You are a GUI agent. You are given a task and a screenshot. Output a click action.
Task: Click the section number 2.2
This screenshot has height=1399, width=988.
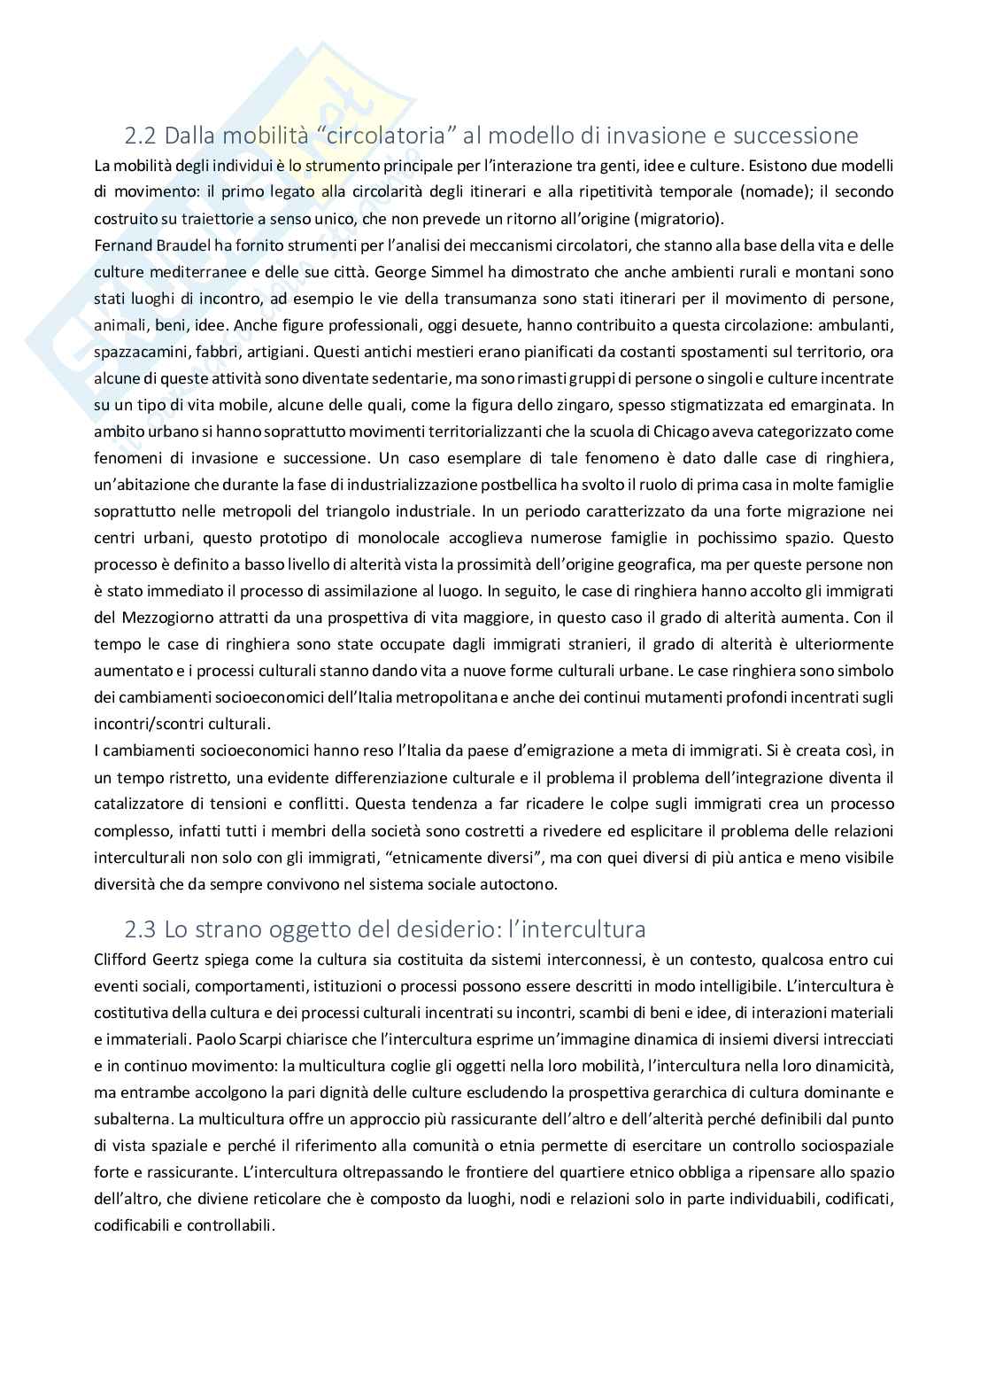pyautogui.click(x=141, y=136)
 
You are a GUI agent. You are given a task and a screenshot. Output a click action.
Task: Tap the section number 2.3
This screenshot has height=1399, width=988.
pyautogui.click(x=141, y=929)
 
